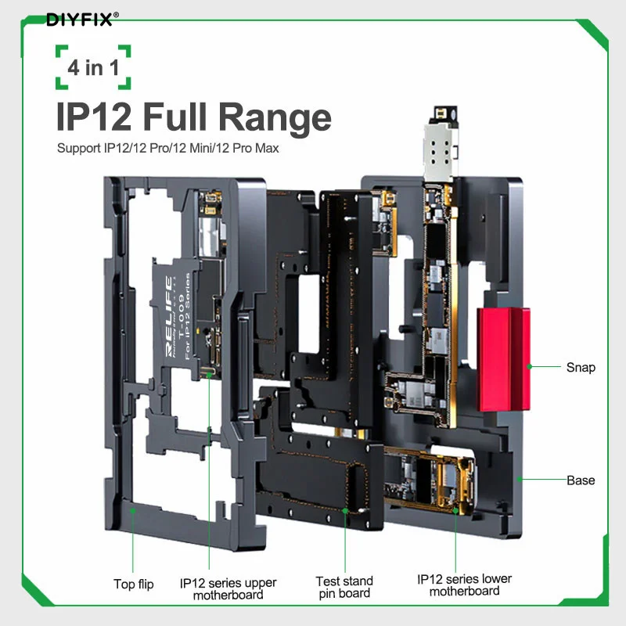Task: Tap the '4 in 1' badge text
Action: [x=93, y=67]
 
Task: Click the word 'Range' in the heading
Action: [x=275, y=117]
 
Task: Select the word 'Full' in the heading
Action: [x=174, y=116]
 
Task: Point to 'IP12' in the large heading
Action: [x=94, y=116]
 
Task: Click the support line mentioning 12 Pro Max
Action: [x=167, y=148]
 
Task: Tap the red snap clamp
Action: [x=504, y=359]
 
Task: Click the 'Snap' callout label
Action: [x=581, y=367]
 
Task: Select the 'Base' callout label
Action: [x=581, y=480]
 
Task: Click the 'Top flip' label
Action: [x=134, y=584]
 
